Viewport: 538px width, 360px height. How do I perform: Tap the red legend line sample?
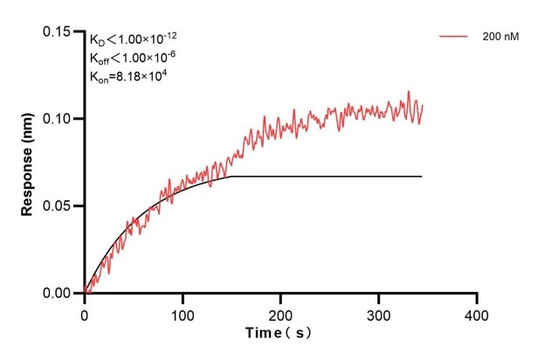click(455, 37)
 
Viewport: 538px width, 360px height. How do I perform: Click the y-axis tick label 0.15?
click(58, 31)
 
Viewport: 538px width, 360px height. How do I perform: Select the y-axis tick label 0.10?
click(58, 119)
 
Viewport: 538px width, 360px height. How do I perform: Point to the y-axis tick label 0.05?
click(58, 206)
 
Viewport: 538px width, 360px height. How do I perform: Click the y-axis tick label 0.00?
click(58, 294)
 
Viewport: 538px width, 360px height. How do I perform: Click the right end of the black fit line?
click(422, 177)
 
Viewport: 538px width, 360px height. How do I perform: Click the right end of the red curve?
click(423, 105)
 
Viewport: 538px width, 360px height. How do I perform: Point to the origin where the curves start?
click(85, 293)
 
